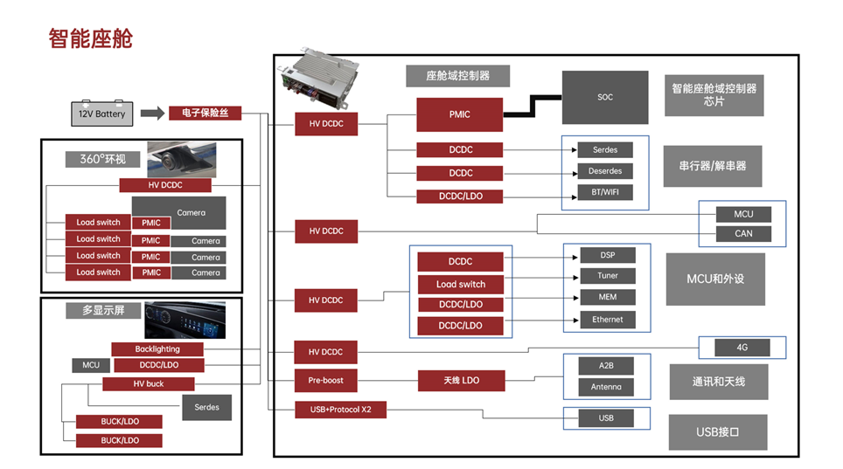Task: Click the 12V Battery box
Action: coord(102,113)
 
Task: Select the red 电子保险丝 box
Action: coord(205,113)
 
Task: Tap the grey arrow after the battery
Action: coord(153,113)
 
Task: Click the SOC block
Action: coord(605,97)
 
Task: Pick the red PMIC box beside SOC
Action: coord(460,114)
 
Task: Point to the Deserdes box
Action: coord(605,171)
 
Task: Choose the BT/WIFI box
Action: coord(605,192)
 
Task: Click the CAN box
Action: coord(743,234)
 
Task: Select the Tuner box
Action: coord(608,276)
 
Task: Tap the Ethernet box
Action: coord(608,320)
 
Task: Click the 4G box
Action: coord(742,348)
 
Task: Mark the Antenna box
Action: coord(606,387)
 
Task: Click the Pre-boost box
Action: coord(326,381)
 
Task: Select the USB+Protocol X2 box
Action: coord(340,410)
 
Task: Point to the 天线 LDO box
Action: coord(461,381)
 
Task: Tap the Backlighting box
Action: coord(157,349)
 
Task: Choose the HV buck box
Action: coord(149,383)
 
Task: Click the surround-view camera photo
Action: coord(182,160)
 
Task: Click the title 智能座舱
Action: coord(90,38)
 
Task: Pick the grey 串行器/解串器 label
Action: coord(713,166)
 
